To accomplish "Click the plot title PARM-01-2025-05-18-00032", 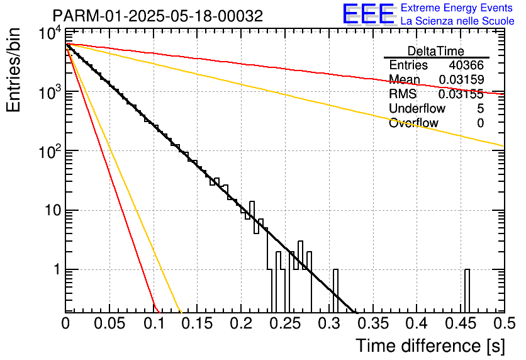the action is pos(158,16).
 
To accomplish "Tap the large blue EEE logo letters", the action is pos(369,14).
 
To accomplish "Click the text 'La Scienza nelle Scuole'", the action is pos(457,21).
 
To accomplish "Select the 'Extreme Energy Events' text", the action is pos(457,8).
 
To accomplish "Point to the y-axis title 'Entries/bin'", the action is pos(13,70).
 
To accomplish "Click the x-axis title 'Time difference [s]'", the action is pos(430,346).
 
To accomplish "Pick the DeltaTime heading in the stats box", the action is pos(436,51).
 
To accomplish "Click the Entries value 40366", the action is pos(466,65).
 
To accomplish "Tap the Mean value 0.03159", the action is pos(461,79).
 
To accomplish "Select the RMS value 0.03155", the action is pos(461,94).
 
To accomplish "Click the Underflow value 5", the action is pos(480,108).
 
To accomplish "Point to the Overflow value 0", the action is pos(480,123).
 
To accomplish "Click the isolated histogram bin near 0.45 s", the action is pos(467,291).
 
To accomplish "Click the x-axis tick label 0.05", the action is pos(109,323).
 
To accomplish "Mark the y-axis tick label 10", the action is pos(53,211).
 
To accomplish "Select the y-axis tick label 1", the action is pos(57,269).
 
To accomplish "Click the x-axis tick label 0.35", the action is pos(373,323).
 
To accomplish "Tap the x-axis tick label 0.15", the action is pos(197,323).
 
